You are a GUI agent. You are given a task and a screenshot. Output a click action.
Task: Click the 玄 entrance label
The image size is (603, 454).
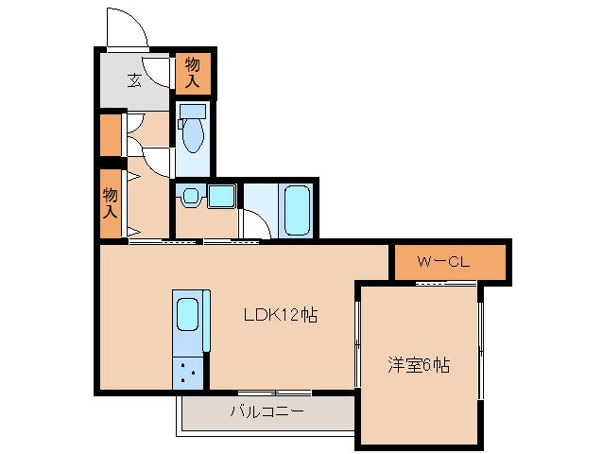135,79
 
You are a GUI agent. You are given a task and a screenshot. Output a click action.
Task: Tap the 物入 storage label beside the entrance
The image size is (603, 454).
193,74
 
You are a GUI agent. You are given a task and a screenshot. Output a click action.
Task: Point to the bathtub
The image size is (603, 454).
296,211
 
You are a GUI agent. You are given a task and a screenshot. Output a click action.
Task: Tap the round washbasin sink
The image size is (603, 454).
189,197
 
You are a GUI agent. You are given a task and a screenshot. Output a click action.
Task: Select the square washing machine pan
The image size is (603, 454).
221,197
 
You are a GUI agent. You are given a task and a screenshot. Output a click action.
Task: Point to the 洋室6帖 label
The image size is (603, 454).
418,364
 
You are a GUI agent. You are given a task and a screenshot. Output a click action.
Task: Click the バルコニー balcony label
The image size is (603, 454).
267,411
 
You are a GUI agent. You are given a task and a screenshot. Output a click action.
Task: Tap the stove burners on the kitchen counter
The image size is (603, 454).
186,370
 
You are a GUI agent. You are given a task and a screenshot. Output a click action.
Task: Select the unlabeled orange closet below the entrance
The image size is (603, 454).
111,134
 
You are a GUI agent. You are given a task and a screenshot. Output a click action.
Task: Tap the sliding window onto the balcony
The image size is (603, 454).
274,392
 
